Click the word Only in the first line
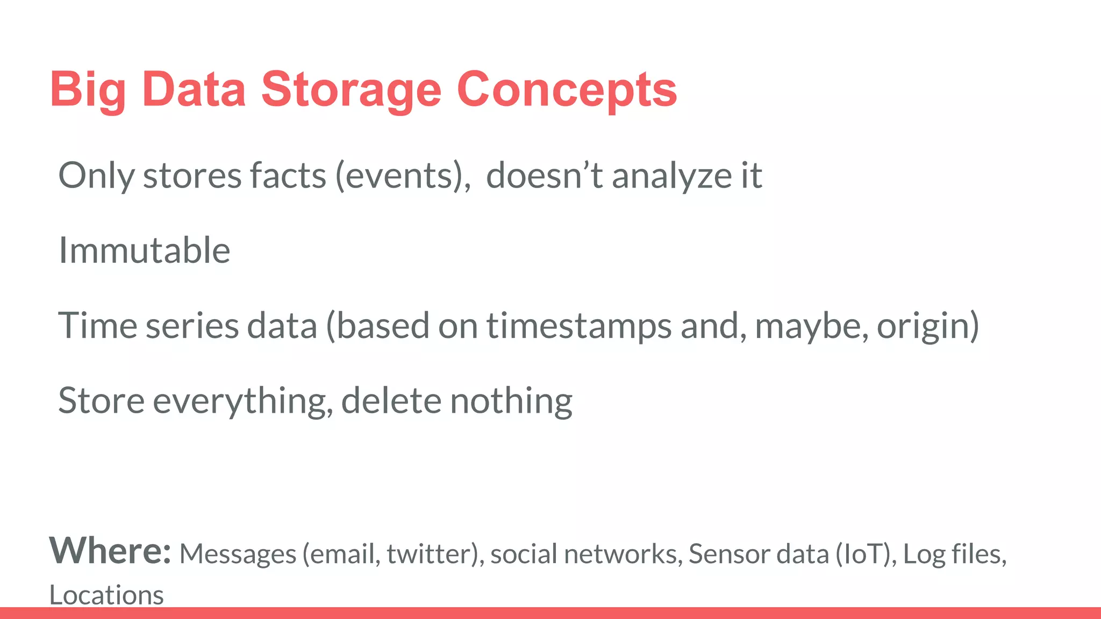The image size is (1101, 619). click(x=96, y=176)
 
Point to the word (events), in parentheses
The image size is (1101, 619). click(x=403, y=176)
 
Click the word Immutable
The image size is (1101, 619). click(x=144, y=250)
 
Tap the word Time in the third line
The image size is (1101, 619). click(x=97, y=326)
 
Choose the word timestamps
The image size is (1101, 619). click(x=579, y=326)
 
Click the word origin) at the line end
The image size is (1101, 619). click(x=928, y=326)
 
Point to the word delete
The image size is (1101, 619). click(x=391, y=401)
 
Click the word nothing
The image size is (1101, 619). click(x=511, y=401)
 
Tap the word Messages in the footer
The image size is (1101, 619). click(x=238, y=554)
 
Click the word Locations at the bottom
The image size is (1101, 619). click(x=106, y=595)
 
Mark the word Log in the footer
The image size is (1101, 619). click(x=924, y=554)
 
